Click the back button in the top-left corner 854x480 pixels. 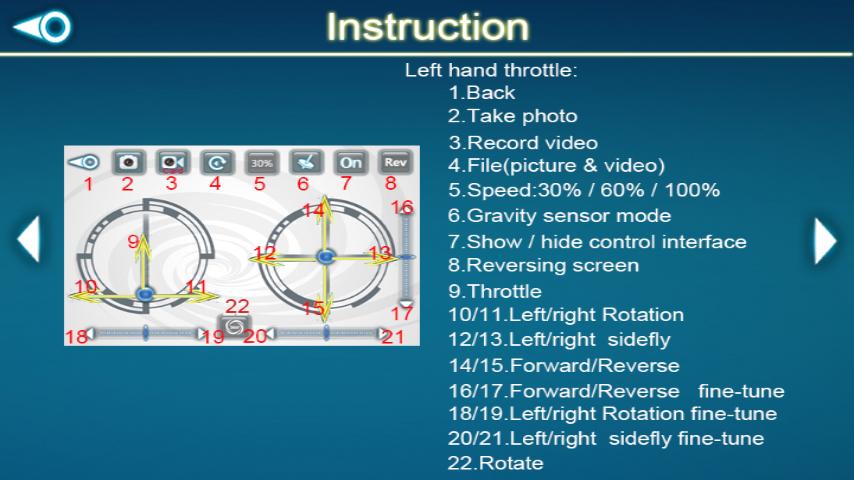coord(42,26)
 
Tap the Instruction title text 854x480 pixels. coord(428,27)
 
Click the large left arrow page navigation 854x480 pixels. coord(29,239)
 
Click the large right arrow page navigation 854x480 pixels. coord(825,241)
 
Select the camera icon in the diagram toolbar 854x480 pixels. coord(129,162)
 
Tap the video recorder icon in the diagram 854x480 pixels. coord(173,162)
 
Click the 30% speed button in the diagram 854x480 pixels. coord(261,162)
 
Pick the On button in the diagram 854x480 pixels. coord(351,162)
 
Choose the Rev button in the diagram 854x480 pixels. coord(395,162)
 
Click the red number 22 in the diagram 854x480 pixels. coord(237,306)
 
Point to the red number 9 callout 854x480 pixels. coord(133,241)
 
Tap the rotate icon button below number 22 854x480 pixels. coord(234,327)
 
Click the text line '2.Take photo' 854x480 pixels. coord(513,116)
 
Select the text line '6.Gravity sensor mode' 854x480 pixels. coord(559,216)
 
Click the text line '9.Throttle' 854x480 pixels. coord(495,291)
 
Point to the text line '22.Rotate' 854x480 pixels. coord(496,463)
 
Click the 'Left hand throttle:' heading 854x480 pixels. coord(491,70)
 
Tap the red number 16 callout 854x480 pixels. coord(402,207)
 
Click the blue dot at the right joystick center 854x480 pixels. coord(326,256)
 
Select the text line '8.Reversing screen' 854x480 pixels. coord(544,265)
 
